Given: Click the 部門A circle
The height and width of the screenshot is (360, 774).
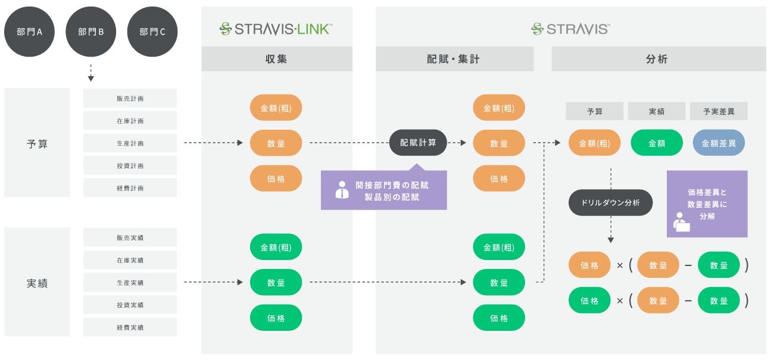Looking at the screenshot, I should (29, 32).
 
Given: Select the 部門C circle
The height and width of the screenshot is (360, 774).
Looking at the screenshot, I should (152, 32).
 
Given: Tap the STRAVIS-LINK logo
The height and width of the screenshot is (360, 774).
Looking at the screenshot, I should (276, 28).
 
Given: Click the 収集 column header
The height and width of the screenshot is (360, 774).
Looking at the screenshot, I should (276, 59).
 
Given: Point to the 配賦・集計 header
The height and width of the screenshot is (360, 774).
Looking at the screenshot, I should (454, 59).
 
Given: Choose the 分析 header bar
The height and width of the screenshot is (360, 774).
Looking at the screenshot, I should (658, 59).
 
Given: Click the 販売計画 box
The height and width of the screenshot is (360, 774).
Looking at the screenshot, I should (130, 98).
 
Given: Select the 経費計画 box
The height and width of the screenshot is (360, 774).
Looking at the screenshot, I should (130, 188).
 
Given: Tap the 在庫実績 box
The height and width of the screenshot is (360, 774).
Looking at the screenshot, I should (130, 260).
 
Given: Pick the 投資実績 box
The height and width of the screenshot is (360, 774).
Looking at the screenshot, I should (130, 305).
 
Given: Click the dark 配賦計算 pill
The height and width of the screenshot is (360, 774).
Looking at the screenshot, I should (418, 143).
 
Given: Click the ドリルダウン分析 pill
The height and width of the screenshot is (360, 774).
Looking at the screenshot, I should (611, 203).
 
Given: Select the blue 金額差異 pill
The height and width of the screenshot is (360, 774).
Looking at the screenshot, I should (719, 143).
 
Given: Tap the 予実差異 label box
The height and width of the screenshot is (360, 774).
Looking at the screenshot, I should (719, 111).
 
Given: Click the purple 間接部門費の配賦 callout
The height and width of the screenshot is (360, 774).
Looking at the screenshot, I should (384, 190).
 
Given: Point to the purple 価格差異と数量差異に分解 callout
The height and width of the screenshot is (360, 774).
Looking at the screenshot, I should (707, 204).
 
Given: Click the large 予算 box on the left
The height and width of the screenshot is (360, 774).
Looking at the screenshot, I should (37, 143).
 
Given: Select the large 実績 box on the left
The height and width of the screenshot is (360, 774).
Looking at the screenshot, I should (37, 282).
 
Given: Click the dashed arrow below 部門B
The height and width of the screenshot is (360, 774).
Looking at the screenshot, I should (90, 72).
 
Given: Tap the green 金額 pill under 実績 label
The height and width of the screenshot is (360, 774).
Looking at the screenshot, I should (657, 143).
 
